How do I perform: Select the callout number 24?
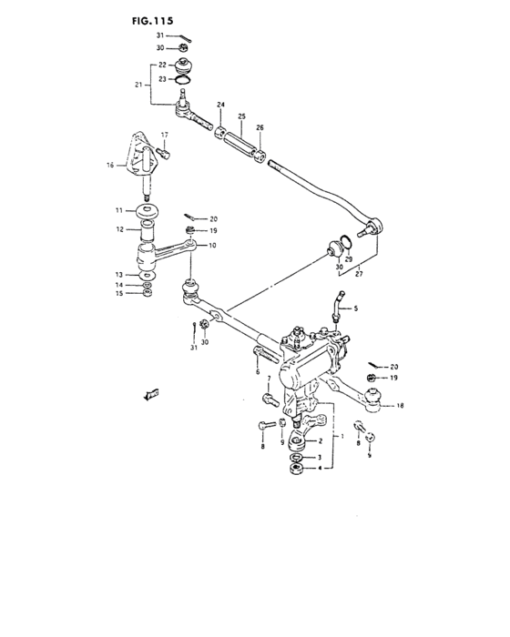[220, 106]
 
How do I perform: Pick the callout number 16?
[110, 166]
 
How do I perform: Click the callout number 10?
[213, 246]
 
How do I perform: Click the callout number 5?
[355, 308]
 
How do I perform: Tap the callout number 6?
[258, 371]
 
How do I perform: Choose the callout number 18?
[400, 407]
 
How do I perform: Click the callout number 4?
[320, 469]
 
